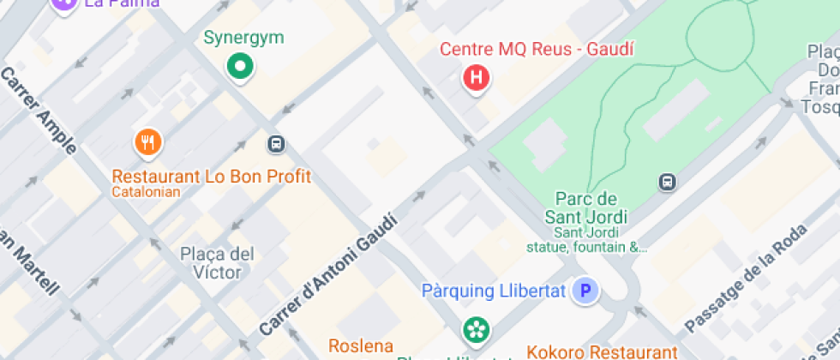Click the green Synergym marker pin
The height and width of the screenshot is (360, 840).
click(x=241, y=66)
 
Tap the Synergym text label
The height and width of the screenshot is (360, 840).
click(x=243, y=38)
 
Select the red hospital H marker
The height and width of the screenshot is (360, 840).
click(x=476, y=79)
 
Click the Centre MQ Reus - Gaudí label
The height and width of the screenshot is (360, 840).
click(x=537, y=49)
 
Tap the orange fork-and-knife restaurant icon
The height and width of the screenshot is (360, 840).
click(x=149, y=142)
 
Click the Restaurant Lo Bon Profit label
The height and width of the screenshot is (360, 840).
click(x=212, y=177)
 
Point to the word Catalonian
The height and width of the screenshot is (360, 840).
click(x=146, y=192)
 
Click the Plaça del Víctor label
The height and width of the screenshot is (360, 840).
click(x=218, y=263)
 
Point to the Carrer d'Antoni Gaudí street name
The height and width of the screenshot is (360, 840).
click(x=329, y=276)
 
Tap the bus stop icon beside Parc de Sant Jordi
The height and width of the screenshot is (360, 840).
click(x=666, y=182)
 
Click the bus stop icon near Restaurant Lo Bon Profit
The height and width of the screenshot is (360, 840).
click(x=276, y=144)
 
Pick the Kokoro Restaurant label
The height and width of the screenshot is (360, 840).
click(x=602, y=351)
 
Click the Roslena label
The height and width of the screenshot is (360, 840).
click(x=361, y=346)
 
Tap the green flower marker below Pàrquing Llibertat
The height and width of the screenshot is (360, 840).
click(x=474, y=329)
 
